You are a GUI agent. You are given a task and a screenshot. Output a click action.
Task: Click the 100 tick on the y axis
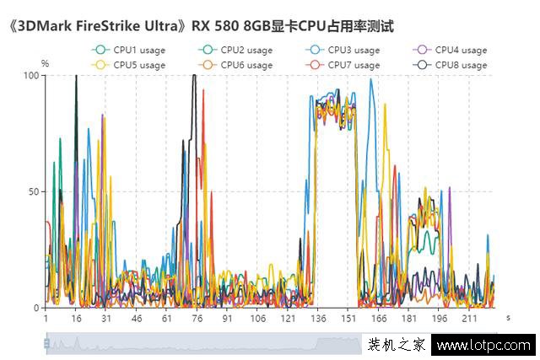pyautogui.click(x=31, y=75)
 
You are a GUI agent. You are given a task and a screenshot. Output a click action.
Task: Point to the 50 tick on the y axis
pyautogui.click(x=34, y=191)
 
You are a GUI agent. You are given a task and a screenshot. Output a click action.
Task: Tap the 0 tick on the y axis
pyautogui.click(x=36, y=308)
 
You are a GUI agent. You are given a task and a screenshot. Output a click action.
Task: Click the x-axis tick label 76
pyautogui.click(x=197, y=319)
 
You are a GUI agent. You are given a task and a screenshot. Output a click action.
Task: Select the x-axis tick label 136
pyautogui.click(x=318, y=319)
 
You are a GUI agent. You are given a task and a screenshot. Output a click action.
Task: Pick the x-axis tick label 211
pyautogui.click(x=469, y=319)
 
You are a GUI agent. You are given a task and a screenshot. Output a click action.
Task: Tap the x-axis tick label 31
pyautogui.click(x=105, y=319)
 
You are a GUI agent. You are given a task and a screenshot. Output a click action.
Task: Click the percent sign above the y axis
pyautogui.click(x=45, y=63)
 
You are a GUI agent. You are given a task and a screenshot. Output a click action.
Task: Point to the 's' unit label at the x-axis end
pyautogui.click(x=508, y=317)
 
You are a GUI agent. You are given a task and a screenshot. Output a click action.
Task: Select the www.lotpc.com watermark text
pyautogui.click(x=484, y=345)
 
